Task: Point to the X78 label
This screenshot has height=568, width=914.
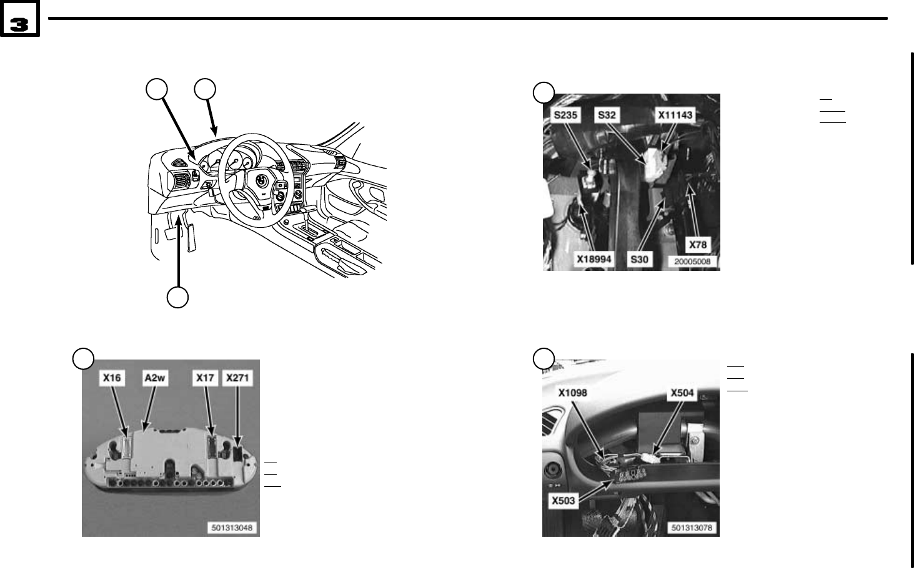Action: [697, 245]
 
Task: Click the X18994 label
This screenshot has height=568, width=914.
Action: [594, 258]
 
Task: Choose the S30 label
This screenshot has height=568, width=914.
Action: [639, 258]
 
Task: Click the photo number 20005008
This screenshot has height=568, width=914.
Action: [692, 262]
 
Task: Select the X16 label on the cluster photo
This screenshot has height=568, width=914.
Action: [113, 378]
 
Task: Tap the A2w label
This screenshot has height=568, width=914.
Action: [155, 378]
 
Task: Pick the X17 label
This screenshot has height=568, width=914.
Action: [205, 378]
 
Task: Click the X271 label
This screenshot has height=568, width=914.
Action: [239, 378]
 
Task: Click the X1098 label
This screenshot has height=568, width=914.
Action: [573, 393]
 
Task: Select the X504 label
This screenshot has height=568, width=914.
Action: [682, 393]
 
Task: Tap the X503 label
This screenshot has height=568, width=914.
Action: [563, 500]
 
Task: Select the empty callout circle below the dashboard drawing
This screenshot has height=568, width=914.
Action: [178, 297]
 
